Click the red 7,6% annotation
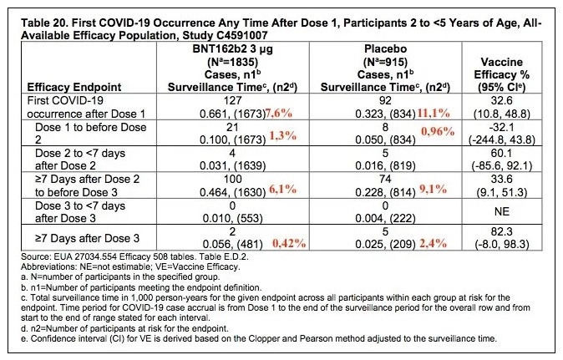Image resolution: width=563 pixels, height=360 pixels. (279, 114)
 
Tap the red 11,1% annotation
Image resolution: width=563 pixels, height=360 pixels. (434, 114)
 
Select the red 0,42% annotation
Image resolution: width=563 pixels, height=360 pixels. (289, 244)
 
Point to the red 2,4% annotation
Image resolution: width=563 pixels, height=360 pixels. (434, 244)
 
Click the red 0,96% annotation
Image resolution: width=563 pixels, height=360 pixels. (438, 132)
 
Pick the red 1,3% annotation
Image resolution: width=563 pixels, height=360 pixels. (283, 135)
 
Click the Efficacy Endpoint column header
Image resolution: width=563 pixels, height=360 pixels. (74, 87)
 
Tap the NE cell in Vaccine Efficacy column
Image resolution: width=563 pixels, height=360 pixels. (501, 211)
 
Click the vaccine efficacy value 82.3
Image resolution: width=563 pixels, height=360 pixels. (501, 231)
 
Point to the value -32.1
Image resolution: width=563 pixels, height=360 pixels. (501, 127)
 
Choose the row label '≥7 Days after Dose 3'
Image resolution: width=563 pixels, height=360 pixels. (87, 238)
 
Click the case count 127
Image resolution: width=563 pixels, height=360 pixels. (232, 100)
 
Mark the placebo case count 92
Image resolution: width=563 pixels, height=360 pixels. (385, 100)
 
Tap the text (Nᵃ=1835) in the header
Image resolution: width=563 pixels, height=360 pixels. (233, 62)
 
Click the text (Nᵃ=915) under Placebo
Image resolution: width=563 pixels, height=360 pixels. (385, 62)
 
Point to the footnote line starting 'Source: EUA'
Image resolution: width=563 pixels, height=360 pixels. (134, 256)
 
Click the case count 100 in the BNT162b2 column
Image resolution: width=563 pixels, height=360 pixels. (232, 179)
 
